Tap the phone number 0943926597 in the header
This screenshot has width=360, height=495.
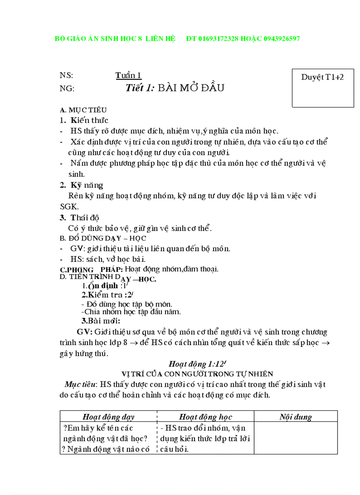coord(281,39)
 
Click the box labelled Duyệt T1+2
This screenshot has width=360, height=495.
coord(322,88)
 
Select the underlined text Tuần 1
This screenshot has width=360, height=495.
coord(128,75)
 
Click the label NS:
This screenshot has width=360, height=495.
coord(67,75)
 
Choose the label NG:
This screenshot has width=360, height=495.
coord(67,88)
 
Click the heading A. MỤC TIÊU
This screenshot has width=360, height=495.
coord(83,110)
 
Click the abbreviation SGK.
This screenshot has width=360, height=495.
coord(69,206)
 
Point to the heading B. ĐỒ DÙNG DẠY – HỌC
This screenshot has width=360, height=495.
coord(103,238)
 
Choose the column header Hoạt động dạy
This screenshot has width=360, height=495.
coord(109,417)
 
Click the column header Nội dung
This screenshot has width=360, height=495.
coord(296,417)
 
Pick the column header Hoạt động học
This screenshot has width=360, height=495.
coord(206,417)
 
